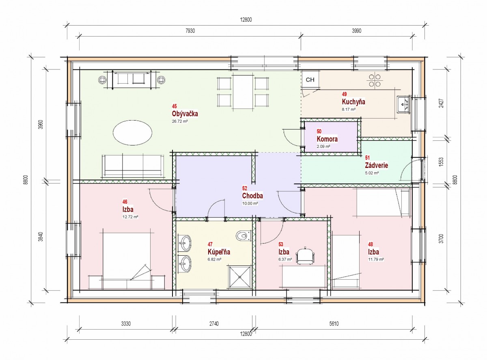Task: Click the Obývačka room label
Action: tap(185, 114)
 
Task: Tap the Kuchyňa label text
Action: tap(353, 102)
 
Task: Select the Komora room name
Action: tap(327, 139)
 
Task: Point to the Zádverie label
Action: tap(376, 165)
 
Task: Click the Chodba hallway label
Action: tap(252, 196)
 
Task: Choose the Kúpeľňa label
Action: tap(219, 252)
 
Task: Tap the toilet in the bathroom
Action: tap(243, 236)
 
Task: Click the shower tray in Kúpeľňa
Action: tap(240, 277)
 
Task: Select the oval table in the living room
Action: tap(132, 133)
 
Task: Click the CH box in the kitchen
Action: tap(310, 80)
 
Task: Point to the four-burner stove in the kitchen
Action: tap(375, 80)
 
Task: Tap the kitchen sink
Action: tap(403, 105)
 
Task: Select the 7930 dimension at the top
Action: tap(190, 31)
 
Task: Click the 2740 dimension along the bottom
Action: tap(214, 324)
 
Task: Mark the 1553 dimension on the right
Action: tap(441, 162)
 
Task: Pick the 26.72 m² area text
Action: tap(180, 121)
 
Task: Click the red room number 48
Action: tap(371, 244)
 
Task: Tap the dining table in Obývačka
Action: tap(243, 92)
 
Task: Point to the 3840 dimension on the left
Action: tap(41, 237)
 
